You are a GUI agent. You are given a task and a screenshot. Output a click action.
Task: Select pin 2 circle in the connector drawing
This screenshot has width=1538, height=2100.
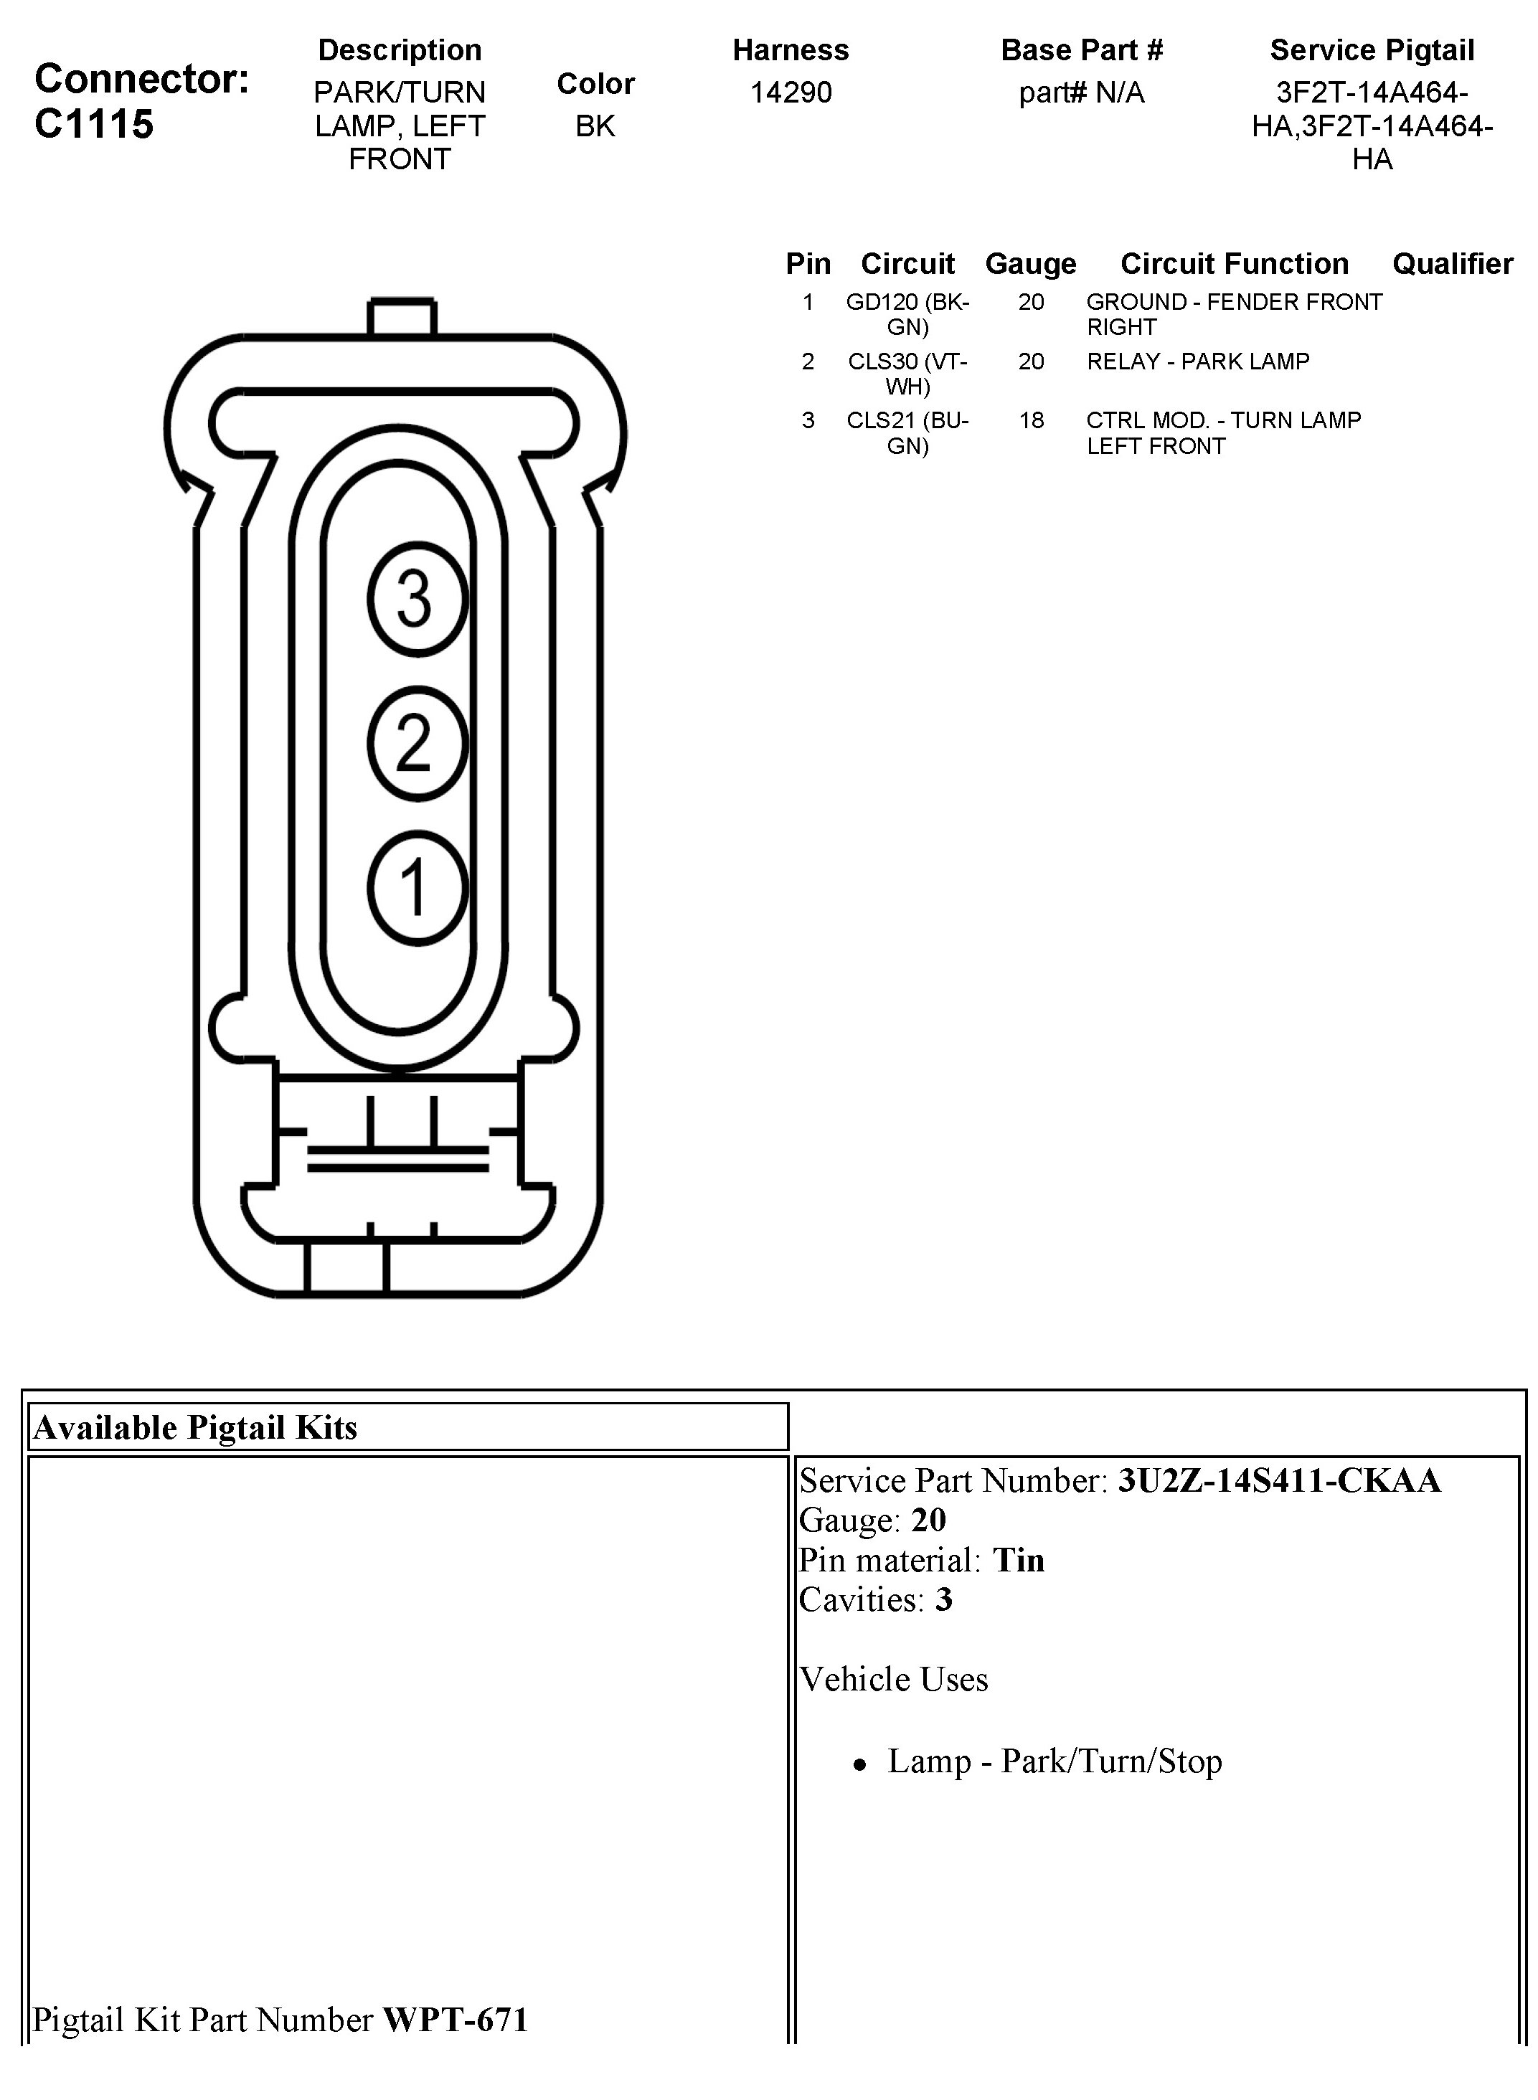pos(416,743)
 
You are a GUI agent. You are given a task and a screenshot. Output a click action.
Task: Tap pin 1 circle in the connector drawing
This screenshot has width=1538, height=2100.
pos(416,887)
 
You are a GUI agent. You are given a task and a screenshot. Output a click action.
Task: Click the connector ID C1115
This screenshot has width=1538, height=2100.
pos(94,124)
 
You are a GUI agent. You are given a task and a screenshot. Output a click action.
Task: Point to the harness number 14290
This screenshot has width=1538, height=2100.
pos(791,92)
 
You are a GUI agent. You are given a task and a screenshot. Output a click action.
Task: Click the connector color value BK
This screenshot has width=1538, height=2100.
pos(595,126)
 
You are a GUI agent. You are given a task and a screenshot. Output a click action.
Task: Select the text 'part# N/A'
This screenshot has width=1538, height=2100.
pos(1081,92)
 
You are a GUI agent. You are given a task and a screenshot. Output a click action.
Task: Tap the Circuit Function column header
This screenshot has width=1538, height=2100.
pos(1234,263)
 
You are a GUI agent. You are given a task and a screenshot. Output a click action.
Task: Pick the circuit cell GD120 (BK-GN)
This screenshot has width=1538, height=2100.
pos(907,313)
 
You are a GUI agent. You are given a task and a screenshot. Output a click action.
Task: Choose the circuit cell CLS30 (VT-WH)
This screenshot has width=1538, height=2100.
pos(907,373)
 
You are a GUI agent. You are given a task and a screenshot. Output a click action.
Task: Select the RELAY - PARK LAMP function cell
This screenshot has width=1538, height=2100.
pos(1197,361)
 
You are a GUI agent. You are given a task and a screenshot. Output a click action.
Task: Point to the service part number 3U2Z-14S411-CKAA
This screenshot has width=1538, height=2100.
pos(1278,1481)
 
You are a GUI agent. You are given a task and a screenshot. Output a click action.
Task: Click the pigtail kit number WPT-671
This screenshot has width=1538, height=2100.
pos(456,2019)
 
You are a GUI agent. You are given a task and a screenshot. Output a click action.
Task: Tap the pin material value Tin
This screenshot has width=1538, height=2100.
pos(1019,1560)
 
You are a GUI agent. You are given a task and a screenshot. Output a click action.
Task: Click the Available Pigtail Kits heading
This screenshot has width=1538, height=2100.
pos(196,1428)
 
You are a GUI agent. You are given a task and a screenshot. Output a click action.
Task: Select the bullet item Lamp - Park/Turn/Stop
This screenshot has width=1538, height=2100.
pos(1054,1761)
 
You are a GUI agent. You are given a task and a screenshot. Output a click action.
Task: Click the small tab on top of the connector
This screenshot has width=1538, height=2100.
pos(401,316)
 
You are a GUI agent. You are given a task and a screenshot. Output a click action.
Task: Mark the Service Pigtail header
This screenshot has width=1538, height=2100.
pos(1372,50)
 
